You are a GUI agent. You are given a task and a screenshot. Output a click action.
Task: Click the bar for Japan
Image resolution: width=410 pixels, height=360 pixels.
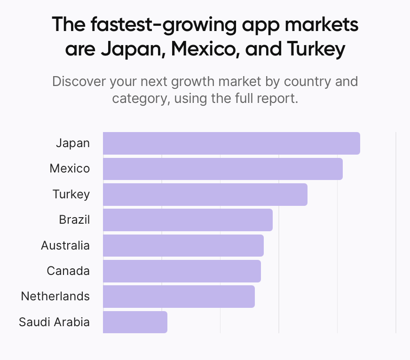coord(231,143)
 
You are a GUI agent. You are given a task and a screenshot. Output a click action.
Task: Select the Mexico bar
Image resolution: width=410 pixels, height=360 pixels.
coord(222,169)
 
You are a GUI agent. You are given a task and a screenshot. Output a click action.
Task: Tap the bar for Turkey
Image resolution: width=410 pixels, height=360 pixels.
coord(205,195)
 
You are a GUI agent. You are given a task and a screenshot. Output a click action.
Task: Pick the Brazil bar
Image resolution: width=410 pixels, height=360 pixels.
coord(188,220)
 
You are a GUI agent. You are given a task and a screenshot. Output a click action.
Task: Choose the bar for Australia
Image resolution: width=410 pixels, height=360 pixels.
coord(183,245)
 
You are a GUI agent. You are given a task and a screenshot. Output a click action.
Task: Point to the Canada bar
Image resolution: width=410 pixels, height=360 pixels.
coord(181,271)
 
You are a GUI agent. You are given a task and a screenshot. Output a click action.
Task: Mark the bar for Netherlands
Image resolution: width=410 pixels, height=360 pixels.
coord(179,297)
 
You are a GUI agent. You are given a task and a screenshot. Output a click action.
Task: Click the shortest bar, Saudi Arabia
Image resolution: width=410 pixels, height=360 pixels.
coord(135,322)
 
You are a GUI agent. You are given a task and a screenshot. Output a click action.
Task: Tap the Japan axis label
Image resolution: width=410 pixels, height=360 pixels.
coord(72,143)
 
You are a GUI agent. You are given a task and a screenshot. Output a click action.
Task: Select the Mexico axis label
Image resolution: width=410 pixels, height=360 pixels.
coord(70,169)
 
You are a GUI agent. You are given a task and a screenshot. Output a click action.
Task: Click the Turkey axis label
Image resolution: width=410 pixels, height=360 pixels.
coord(71,195)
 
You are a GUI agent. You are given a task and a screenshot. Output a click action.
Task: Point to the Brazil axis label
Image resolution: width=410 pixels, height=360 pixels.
coord(74,220)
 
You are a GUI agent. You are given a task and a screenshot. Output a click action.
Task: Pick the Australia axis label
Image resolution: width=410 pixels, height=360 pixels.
coord(65,245)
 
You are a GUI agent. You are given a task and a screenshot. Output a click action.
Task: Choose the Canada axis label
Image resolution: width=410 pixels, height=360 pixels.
coord(68,271)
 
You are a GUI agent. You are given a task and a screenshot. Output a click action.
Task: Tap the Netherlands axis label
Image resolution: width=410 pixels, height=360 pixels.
coord(55,297)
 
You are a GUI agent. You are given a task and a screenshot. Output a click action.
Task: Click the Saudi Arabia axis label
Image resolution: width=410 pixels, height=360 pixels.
coord(54,322)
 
